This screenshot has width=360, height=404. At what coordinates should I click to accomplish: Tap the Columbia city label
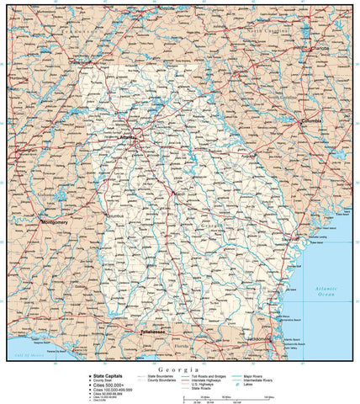click(x=311, y=120)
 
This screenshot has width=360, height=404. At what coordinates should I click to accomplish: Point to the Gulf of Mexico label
click(x=28, y=357)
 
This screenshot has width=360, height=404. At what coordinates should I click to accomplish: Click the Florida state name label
click(x=182, y=345)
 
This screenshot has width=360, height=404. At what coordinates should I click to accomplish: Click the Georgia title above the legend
click(x=180, y=369)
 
